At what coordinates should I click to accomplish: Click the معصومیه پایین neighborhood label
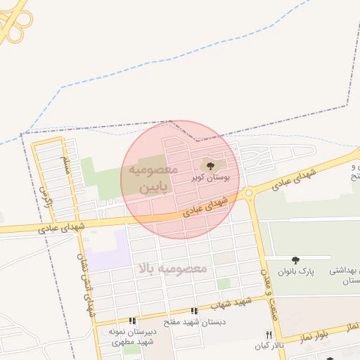(148, 180)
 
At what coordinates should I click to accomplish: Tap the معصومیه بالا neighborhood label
(172, 269)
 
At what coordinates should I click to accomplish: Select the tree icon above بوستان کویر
(210, 166)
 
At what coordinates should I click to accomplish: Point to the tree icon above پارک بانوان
(295, 260)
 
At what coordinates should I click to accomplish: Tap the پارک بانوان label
(294, 271)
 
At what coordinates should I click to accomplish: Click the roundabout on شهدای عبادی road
(249, 193)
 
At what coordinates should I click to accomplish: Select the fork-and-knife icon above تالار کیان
(269, 335)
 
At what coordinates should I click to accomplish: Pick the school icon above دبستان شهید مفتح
(194, 311)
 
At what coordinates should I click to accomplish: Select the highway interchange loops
(13, 21)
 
